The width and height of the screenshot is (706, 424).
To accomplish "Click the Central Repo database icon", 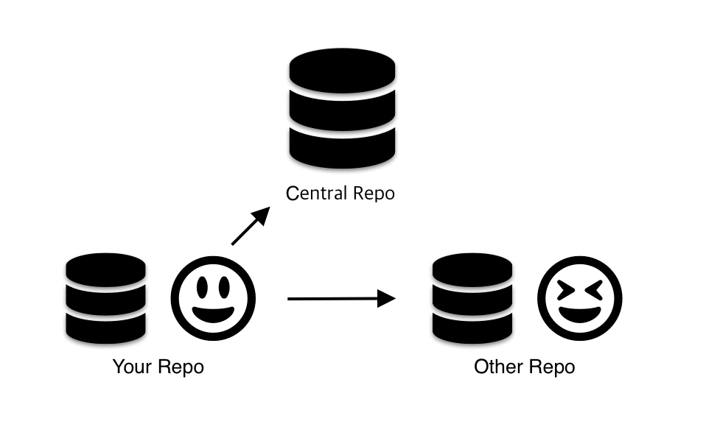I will pyautogui.click(x=342, y=110).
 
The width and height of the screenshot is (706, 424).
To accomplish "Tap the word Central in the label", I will pyautogui.click(x=316, y=194).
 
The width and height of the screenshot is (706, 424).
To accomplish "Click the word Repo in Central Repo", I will pyautogui.click(x=372, y=194).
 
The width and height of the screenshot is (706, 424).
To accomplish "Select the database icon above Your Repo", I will pyautogui.click(x=105, y=298).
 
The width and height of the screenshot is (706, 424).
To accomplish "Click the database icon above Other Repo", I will pyautogui.click(x=472, y=298).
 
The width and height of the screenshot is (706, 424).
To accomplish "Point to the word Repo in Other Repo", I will pyautogui.click(x=551, y=366).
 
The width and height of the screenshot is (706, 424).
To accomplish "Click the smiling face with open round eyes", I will pyautogui.click(x=213, y=298).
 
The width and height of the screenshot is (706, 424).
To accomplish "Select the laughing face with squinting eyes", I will pyautogui.click(x=579, y=298).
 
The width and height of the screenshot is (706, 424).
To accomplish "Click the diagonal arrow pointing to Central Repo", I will pyautogui.click(x=249, y=227).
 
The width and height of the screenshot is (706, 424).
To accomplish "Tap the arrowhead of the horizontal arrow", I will pyautogui.click(x=387, y=298).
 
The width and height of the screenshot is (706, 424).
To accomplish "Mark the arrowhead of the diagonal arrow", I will pyautogui.click(x=261, y=214).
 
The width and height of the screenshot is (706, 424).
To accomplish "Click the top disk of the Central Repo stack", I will pyautogui.click(x=342, y=71).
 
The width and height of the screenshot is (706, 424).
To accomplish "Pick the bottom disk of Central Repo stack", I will pyautogui.click(x=342, y=147).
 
